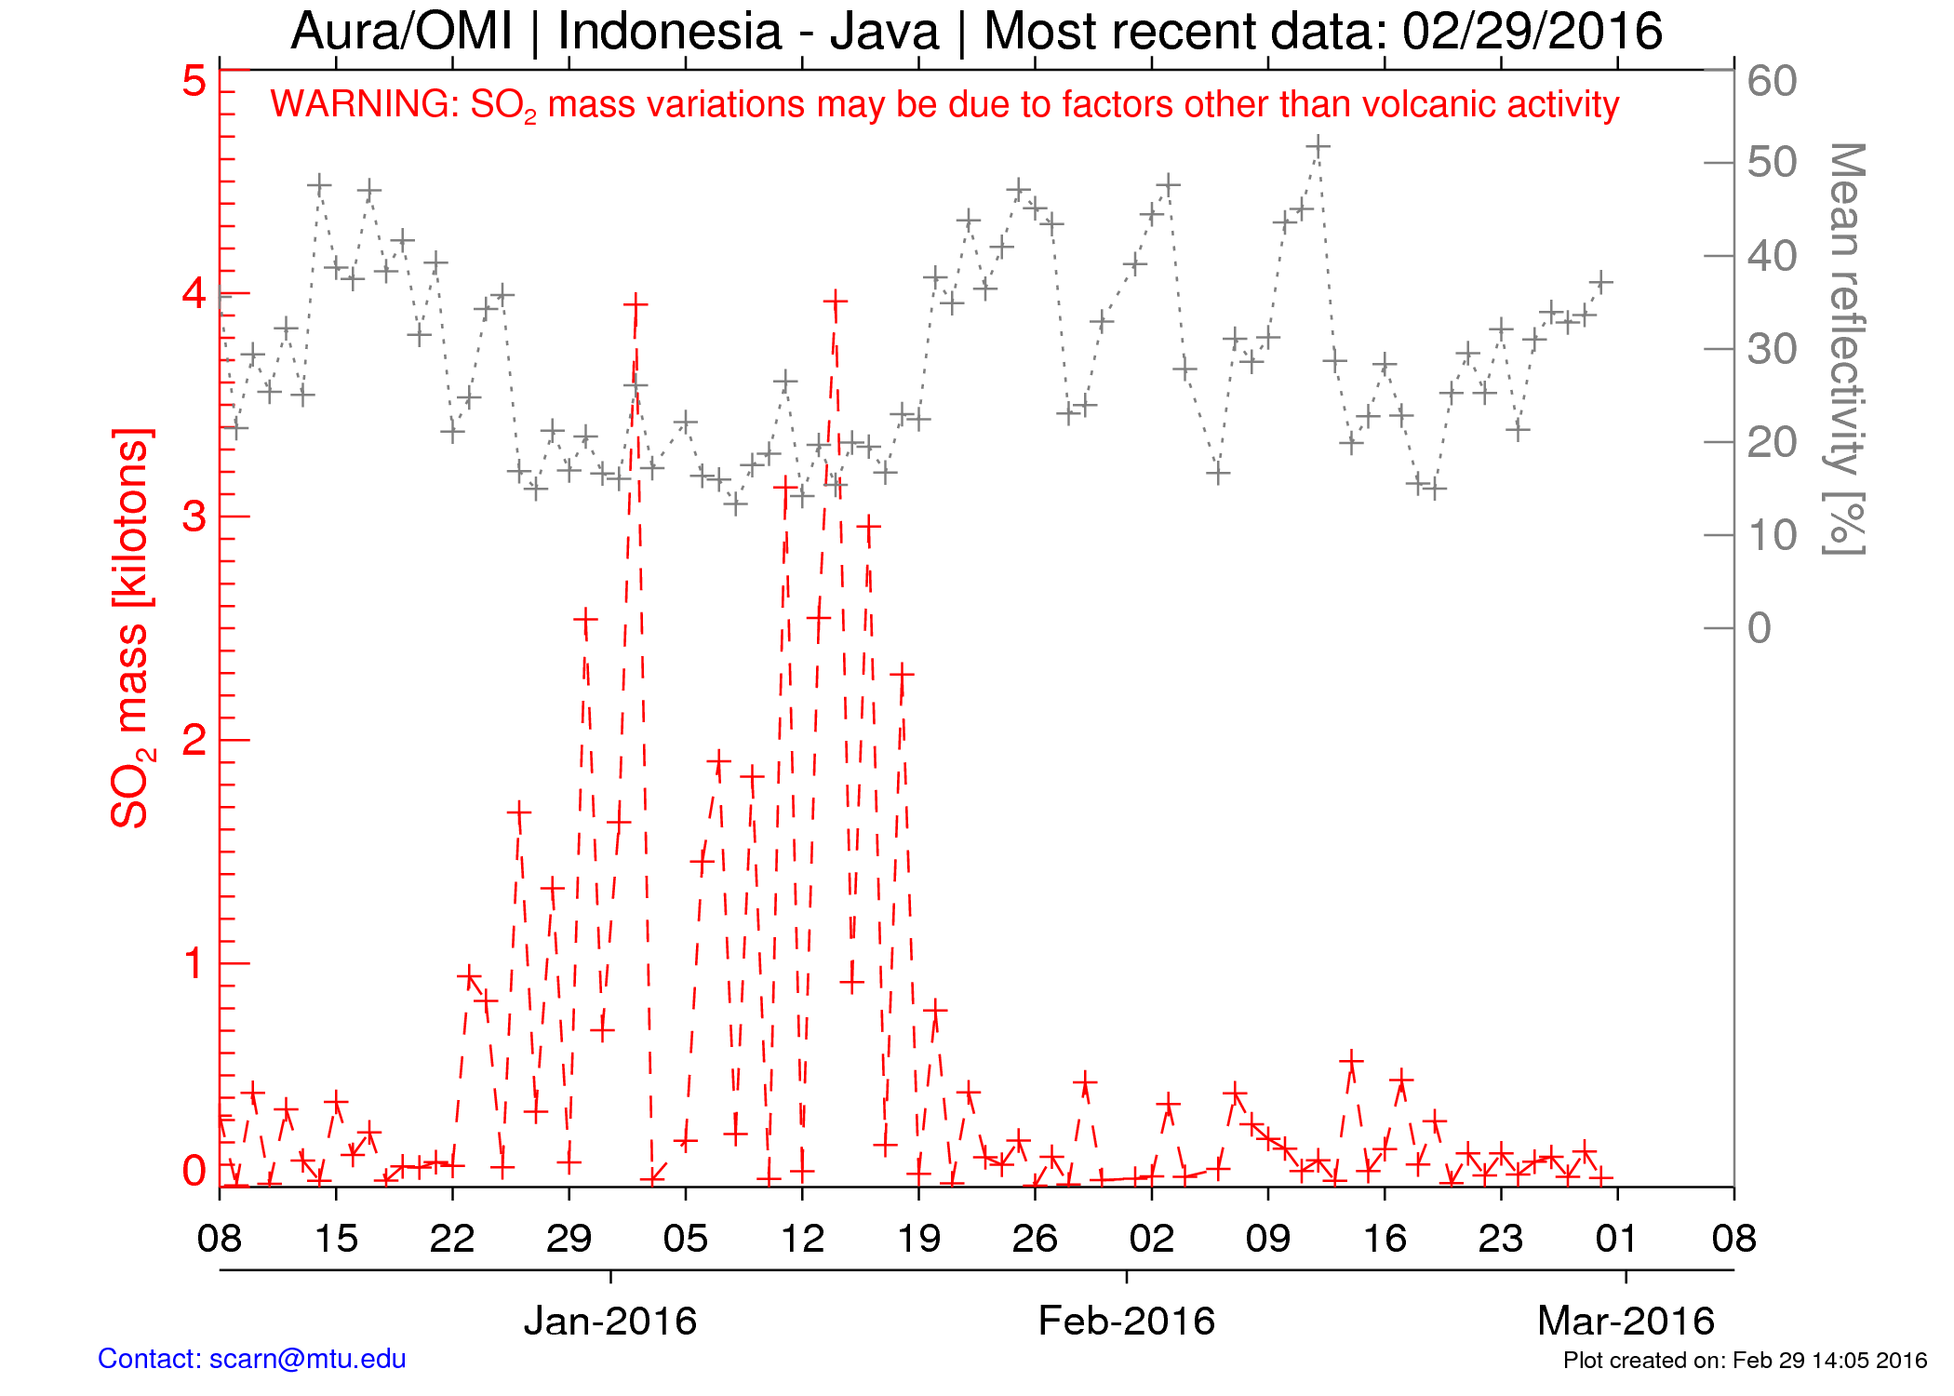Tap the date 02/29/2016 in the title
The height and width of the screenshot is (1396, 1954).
point(1532,32)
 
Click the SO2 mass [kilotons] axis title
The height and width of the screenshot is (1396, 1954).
point(131,628)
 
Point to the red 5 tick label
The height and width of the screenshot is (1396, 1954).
point(194,82)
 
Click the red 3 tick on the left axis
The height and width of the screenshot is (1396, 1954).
point(194,517)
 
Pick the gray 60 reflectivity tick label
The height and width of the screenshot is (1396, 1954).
point(1772,82)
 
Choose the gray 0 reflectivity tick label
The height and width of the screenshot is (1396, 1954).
point(1759,628)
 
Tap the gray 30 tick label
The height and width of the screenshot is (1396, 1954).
point(1772,350)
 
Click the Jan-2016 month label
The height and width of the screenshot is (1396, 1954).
point(610,1321)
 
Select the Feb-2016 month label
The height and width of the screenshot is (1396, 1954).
point(1126,1321)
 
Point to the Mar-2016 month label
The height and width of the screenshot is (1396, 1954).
point(1626,1321)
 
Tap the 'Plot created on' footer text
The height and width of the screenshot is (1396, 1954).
point(1745,1361)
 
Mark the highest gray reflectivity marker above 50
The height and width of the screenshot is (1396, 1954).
point(1318,147)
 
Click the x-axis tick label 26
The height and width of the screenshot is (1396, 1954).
point(1035,1239)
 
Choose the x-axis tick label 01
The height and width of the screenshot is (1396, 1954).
point(1617,1239)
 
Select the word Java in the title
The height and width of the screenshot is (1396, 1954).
point(884,32)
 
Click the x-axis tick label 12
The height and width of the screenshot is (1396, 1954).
point(802,1239)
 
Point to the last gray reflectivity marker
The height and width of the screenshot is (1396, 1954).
point(1600,281)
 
